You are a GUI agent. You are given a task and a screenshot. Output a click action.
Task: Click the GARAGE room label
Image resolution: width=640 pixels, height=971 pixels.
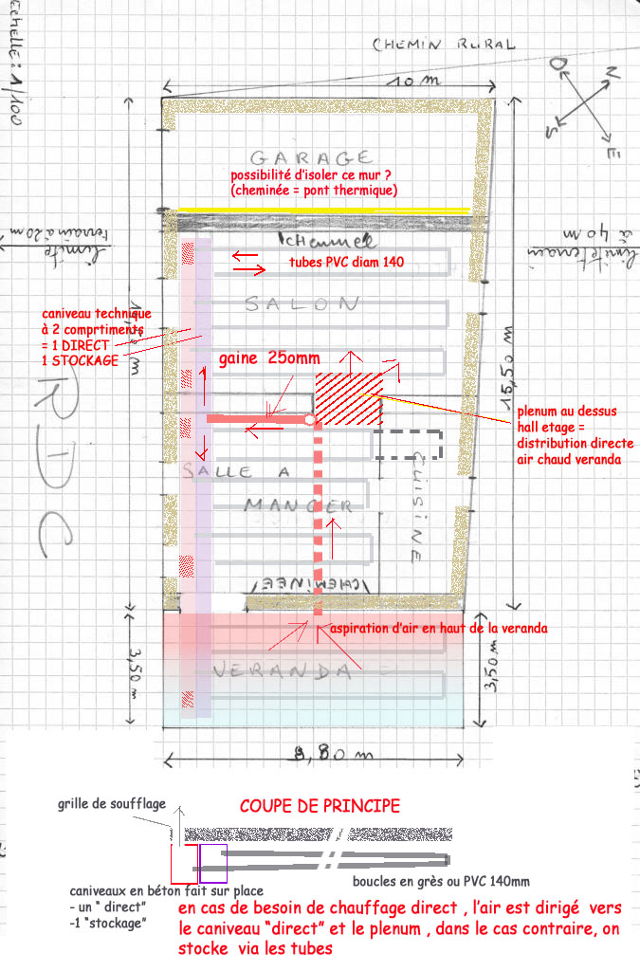[310, 156]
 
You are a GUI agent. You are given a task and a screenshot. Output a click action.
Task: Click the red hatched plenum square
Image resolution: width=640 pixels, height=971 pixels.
[348, 398]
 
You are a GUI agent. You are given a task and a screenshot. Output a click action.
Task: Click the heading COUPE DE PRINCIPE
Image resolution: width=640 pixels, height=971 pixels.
[319, 806]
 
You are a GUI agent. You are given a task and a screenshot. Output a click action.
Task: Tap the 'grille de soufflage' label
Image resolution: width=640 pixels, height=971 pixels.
[110, 804]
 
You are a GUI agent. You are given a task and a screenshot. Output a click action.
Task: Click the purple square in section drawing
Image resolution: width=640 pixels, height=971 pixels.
[212, 857]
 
